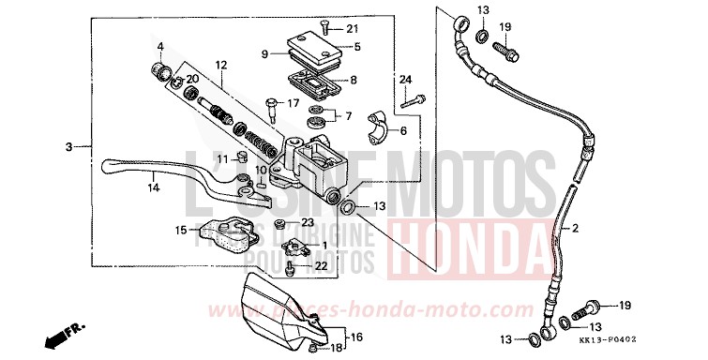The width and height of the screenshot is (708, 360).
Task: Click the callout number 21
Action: [353, 28]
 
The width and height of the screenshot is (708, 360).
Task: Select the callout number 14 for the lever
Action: [153, 188]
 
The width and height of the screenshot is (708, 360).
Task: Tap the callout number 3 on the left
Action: [69, 147]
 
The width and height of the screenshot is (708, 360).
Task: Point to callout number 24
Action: [406, 79]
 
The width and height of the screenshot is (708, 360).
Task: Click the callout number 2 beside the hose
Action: [576, 228]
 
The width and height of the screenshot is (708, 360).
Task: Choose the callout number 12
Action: [221, 66]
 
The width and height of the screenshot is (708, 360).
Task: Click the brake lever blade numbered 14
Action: [178, 170]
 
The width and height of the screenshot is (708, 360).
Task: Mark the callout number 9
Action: [265, 54]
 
